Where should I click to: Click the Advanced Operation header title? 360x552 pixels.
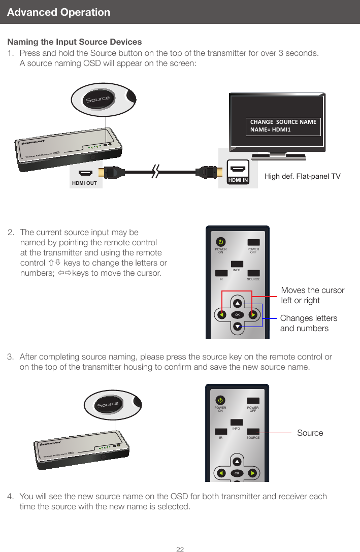coord(59,12)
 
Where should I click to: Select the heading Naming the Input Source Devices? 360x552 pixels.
coord(75,42)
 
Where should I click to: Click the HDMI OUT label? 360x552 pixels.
coord(84,183)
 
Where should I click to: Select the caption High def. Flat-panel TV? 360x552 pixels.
coord(303,176)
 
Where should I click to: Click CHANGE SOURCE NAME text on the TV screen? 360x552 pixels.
coord(283,122)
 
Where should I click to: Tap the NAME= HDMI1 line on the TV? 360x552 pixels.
coord(271,130)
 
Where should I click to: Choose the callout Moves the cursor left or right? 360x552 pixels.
coord(312,295)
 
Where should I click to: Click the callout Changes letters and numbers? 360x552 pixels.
coord(309,323)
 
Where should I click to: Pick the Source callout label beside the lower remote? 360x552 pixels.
coord(310,433)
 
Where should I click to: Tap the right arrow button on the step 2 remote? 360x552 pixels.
coord(252,315)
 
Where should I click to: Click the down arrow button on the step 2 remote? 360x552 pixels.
coord(237,326)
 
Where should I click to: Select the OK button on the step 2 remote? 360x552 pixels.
coord(237,315)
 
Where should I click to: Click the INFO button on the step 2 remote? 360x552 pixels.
coord(237,264)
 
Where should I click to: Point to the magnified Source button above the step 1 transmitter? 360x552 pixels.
coord(98,99)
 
